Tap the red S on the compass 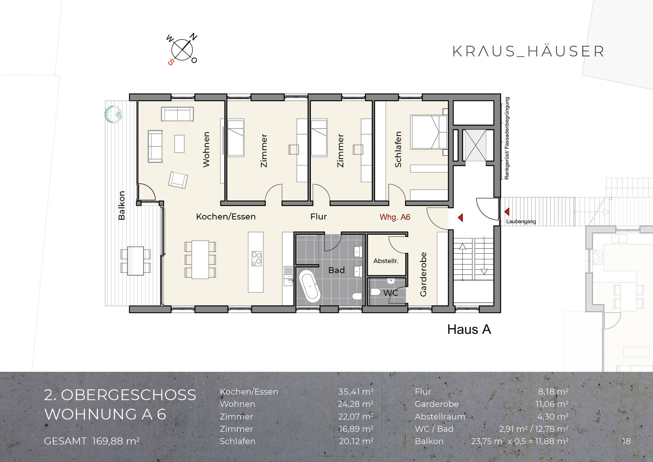pos(171,62)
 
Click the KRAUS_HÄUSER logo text pos(528,51)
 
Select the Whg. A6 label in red pos(395,217)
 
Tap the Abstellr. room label pos(386,261)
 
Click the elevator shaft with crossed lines pos(475,145)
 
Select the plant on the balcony pos(113,114)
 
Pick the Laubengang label pos(521,222)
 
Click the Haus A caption pos(469,329)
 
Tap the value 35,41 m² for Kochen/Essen pos(356,392)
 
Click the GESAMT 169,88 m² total pos(92,441)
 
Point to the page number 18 pos(626,441)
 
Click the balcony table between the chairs pos(136,261)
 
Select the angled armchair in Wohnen pos(178,180)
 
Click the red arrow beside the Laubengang pos(507,212)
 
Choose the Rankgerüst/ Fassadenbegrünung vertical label pos(507,138)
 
